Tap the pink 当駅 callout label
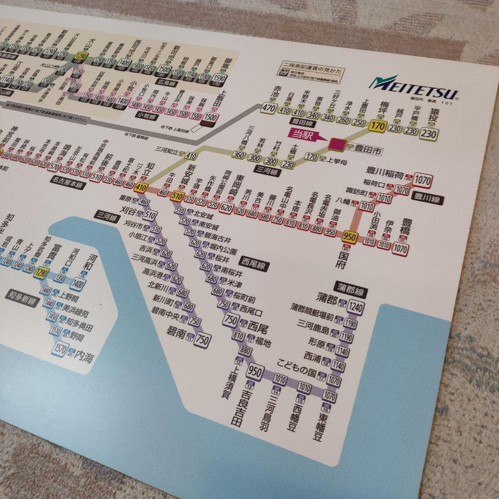(x=303, y=134)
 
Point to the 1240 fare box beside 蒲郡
(x=356, y=306)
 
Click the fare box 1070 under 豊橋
(x=401, y=249)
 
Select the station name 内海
(x=83, y=356)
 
